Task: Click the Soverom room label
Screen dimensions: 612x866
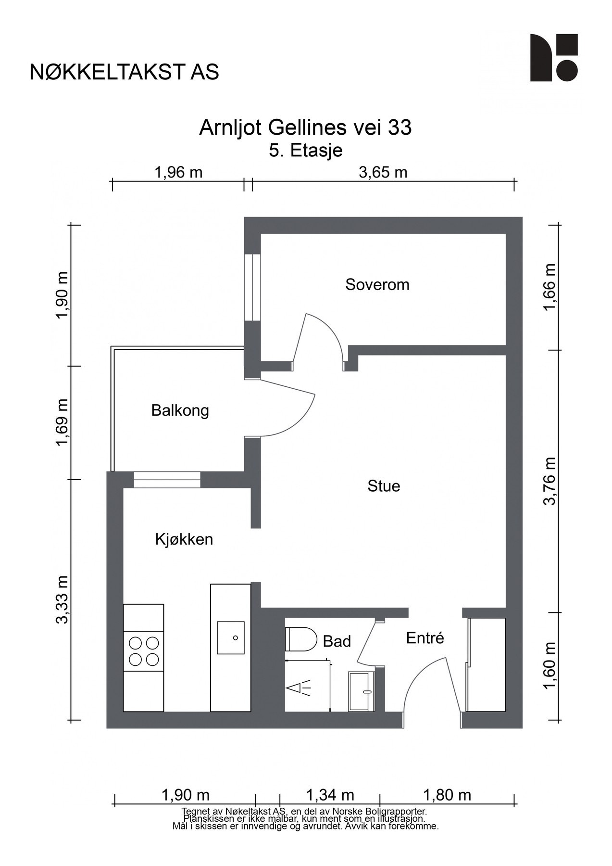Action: click(x=377, y=284)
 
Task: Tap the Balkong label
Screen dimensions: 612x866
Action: click(x=180, y=410)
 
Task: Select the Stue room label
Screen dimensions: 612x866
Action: click(x=384, y=486)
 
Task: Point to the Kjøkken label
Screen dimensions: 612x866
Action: click(x=184, y=539)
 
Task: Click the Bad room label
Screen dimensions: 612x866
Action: click(x=337, y=641)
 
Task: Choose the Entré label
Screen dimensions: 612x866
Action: click(x=425, y=638)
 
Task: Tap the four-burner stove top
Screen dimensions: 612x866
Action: click(x=144, y=651)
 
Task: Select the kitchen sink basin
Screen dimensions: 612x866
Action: click(x=231, y=637)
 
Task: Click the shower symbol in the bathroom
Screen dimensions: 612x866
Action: click(x=299, y=688)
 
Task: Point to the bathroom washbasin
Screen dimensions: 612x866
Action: click(x=362, y=691)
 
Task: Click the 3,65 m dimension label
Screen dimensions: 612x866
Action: click(x=383, y=172)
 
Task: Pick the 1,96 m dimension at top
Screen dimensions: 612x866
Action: click(x=178, y=172)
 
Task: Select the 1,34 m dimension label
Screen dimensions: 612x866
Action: click(x=330, y=794)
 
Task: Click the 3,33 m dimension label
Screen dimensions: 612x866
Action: click(x=62, y=599)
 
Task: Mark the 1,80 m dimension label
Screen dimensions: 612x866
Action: click(x=447, y=794)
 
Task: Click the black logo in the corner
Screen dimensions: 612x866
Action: click(x=554, y=58)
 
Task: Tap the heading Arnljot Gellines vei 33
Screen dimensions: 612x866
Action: click(x=305, y=128)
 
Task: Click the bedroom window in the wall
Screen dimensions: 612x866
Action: click(x=252, y=287)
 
